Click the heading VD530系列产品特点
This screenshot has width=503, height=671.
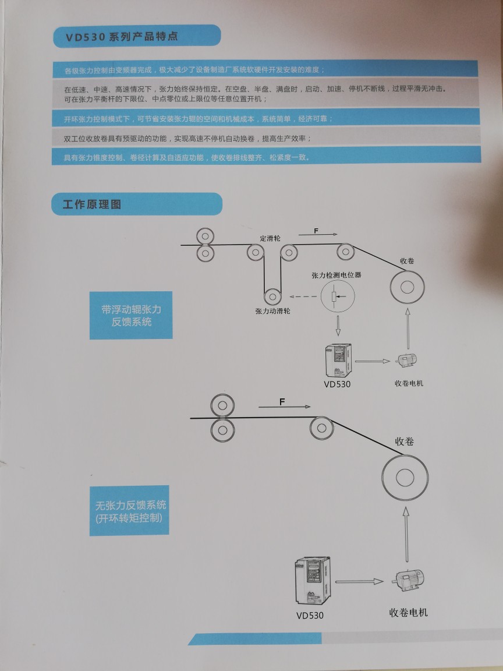tap(122, 37)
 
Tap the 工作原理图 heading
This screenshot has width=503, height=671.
tap(92, 204)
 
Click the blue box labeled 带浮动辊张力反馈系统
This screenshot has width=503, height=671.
tap(131, 315)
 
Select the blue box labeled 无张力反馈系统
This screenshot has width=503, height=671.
tap(130, 510)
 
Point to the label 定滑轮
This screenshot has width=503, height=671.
tap(270, 239)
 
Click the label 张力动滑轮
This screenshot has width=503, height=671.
tap(272, 311)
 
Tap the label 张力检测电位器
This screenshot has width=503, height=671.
tap(336, 275)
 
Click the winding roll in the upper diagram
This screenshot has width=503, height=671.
tap(407, 287)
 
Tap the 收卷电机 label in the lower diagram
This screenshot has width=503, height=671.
tap(408, 613)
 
